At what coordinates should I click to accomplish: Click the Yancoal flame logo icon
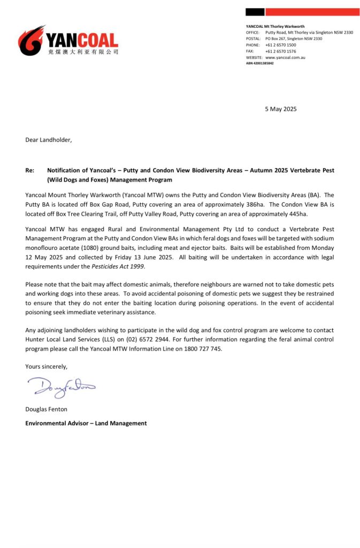(31, 40)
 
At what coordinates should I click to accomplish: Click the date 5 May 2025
(281, 109)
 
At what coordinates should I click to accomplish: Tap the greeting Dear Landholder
(48, 140)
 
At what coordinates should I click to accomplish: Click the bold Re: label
(30, 170)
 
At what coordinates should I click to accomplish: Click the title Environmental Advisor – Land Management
(86, 423)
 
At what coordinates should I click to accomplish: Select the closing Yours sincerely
(47, 367)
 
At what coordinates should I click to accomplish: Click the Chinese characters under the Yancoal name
(82, 52)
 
